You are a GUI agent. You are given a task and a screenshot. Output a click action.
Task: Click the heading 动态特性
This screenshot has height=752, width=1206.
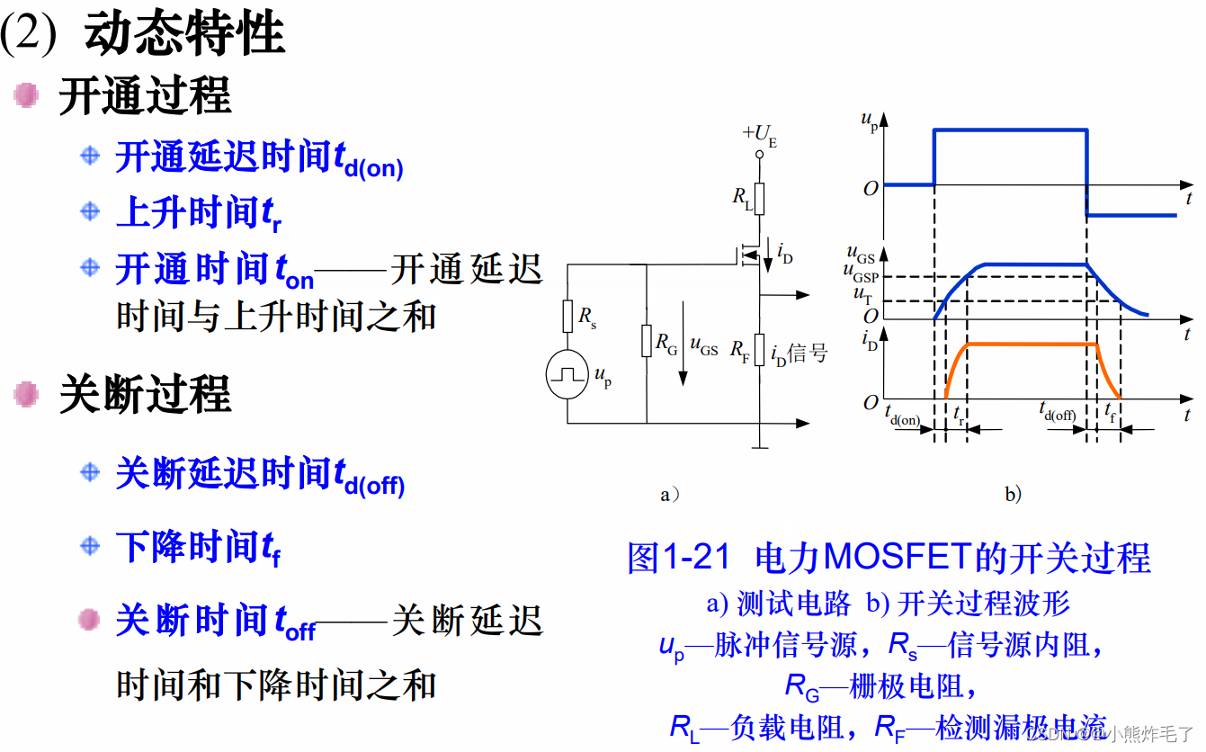pos(184,34)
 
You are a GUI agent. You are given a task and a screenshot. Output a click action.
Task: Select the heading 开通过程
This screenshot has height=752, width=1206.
pos(145,96)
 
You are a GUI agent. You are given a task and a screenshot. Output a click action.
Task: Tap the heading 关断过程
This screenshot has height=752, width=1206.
pos(145,395)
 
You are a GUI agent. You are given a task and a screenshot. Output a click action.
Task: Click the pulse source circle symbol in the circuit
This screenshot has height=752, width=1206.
pos(568,374)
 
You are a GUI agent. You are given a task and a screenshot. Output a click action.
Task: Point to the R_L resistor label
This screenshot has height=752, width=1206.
pos(741,196)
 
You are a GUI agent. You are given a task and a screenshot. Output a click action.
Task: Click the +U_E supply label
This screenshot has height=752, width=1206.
pos(759,136)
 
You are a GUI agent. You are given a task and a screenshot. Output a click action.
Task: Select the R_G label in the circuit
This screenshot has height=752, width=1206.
pos(666,342)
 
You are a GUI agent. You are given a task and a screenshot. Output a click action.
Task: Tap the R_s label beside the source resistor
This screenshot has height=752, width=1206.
pos(587,316)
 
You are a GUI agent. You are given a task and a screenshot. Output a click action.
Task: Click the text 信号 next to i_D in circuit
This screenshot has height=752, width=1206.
pos(808,354)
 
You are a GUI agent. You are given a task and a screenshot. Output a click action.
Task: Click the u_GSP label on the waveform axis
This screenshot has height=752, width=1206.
pos(861,276)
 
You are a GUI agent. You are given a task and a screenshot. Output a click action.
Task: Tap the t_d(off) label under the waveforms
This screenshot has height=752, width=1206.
pos(1058,415)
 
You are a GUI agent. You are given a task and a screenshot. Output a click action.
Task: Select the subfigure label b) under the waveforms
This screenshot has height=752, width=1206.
pos(1013,494)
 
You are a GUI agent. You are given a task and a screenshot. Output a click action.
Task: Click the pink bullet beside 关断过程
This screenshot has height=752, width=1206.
pos(27,394)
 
